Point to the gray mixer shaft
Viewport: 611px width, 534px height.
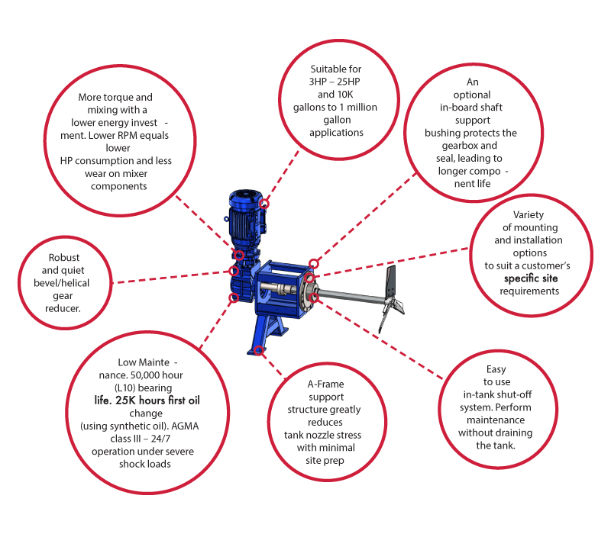[x=351, y=299]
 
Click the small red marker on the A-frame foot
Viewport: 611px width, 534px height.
[x=260, y=349]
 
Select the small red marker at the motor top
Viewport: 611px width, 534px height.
[x=264, y=204]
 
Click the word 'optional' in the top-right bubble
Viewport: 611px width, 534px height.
[x=471, y=95]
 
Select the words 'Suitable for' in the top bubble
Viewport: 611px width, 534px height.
[x=335, y=69]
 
